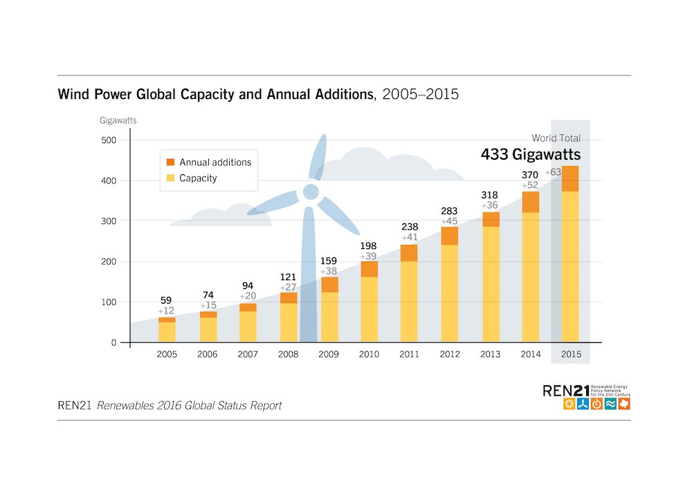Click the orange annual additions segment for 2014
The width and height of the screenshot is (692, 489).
pos(531,202)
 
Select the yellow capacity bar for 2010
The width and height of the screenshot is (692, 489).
pos(370,309)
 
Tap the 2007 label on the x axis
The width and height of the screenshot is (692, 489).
pos(248,354)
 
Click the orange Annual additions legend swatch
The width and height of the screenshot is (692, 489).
pos(170,163)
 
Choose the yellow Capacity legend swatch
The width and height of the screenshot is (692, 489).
pos(170,178)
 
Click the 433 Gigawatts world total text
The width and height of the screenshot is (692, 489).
pos(531,154)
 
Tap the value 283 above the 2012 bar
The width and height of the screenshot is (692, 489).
pos(450,211)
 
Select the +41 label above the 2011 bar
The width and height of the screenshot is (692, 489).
pos(409,237)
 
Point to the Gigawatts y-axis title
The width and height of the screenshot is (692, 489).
pos(118,120)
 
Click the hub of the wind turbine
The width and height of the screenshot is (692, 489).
pos(311,191)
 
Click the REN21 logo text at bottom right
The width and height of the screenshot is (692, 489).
pos(566,391)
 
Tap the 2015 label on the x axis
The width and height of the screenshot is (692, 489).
pos(571,354)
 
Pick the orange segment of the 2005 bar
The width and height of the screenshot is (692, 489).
pos(167,320)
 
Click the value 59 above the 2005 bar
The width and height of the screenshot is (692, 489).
pos(167,300)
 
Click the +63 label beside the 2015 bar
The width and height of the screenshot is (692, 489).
pos(553,172)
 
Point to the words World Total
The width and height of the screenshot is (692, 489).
pos(556,138)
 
